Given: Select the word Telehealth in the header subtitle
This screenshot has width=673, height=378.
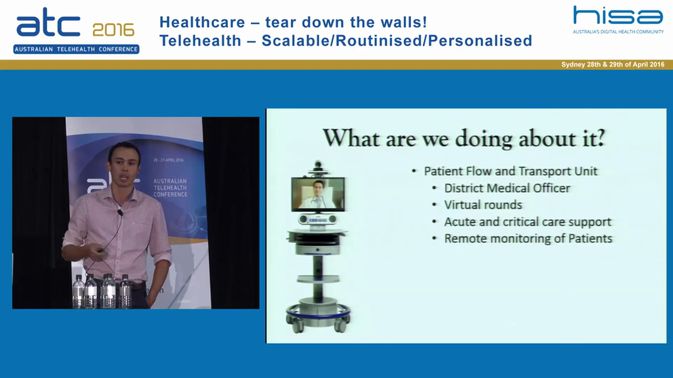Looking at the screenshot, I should tap(200, 40).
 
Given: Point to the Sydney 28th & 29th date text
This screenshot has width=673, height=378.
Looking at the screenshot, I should tap(613, 65).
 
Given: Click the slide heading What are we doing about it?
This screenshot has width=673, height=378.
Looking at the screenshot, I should tap(464, 138).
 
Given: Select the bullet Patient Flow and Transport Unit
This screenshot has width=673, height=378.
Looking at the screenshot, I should tap(510, 171).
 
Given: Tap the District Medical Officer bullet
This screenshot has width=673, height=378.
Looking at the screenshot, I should tap(507, 188).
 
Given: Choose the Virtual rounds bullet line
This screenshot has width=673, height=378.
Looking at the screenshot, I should tap(483, 205).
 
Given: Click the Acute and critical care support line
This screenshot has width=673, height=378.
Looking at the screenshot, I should tap(527, 222).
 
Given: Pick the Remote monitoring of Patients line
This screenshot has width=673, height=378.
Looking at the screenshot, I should tap(528, 238).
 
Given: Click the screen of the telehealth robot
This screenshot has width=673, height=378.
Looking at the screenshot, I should tap(318, 194).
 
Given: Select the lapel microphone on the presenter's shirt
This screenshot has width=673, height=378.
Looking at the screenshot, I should tap(120, 212).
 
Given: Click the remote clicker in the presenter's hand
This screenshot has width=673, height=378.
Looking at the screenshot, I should tap(99, 254).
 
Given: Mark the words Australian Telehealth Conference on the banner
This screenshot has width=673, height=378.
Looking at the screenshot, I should tap(170, 187).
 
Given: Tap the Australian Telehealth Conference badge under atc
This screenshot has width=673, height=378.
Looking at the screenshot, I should tap(76, 49).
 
